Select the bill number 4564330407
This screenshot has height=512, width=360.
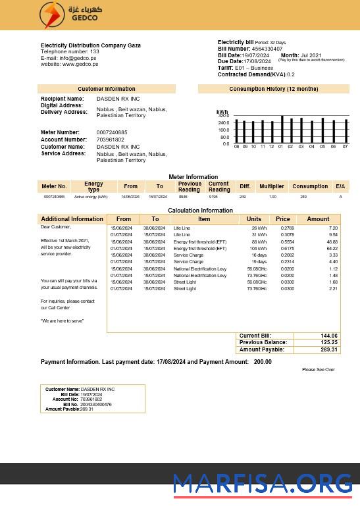point(267,49)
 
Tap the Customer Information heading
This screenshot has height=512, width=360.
point(106,89)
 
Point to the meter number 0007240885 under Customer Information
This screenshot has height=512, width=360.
point(112,133)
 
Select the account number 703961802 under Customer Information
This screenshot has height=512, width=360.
point(111,140)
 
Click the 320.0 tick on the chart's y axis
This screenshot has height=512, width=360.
point(224,116)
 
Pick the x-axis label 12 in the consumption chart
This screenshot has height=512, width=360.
point(270,147)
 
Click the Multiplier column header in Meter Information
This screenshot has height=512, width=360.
point(271,186)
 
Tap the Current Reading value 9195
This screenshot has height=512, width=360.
point(213,197)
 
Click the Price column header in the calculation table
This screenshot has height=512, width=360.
point(282,219)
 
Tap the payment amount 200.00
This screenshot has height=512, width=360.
point(263,362)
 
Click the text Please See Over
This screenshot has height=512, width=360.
point(319,370)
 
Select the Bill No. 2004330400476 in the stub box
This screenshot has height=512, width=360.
point(96,404)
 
